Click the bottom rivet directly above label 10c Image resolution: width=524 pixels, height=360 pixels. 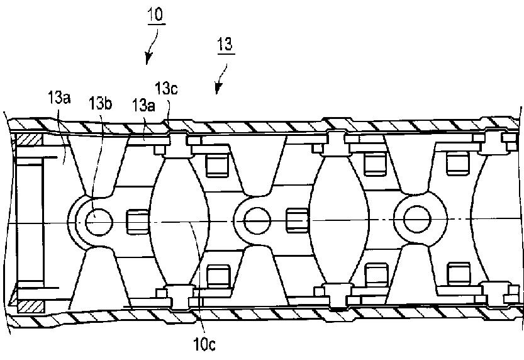pos(179,296)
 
